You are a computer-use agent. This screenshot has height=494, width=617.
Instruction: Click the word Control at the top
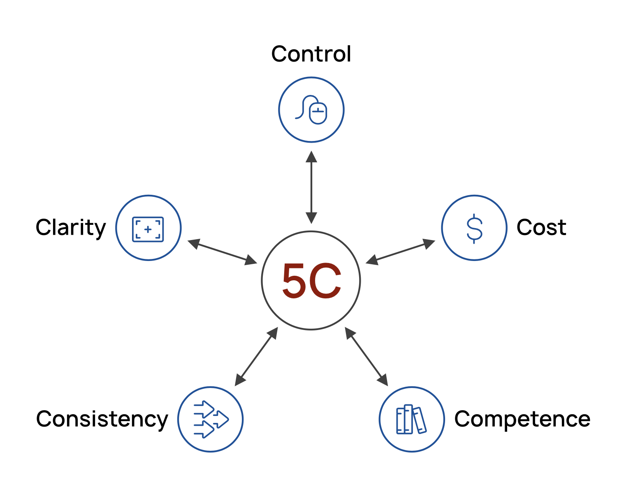(x=311, y=54)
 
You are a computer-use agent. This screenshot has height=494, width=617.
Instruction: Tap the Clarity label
(x=70, y=228)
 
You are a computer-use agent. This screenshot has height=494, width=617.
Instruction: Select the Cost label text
(x=541, y=227)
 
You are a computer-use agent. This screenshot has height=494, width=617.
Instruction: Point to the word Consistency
(x=102, y=419)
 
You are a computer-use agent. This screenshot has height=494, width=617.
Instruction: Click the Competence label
(x=522, y=419)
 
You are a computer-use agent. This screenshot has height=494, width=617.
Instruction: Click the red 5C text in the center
(x=311, y=281)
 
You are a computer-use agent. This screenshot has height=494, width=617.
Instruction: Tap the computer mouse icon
(x=311, y=110)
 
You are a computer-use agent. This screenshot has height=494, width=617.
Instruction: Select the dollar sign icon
(x=474, y=228)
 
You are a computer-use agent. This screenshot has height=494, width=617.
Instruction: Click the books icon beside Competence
(x=411, y=420)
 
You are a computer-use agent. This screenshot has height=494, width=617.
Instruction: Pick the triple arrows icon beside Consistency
(x=211, y=420)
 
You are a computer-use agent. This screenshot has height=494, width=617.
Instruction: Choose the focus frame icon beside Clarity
(x=148, y=229)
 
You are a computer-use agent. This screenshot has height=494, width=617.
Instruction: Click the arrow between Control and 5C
(x=311, y=187)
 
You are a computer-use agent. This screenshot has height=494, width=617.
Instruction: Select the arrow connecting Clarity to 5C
(x=222, y=252)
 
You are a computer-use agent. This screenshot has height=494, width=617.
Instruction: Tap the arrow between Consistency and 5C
(x=256, y=357)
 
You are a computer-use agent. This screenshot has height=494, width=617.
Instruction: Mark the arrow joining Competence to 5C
(x=366, y=357)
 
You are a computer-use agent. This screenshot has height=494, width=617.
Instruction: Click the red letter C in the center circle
(x=326, y=281)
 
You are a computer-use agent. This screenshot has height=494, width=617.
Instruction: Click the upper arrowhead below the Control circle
(x=311, y=157)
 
